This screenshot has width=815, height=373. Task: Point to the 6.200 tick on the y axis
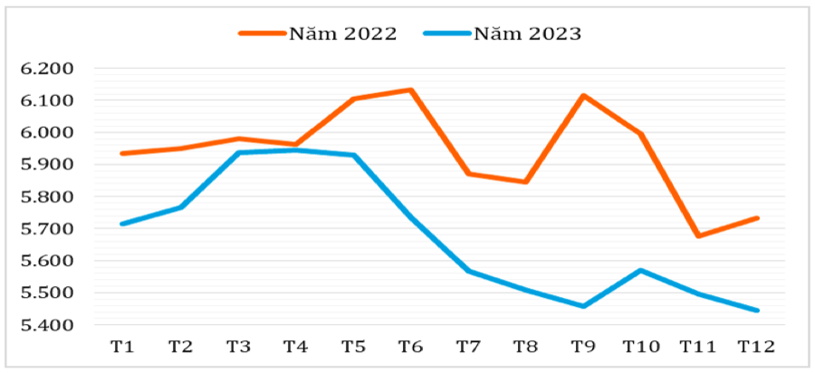click(45, 69)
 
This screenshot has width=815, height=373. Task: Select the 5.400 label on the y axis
click(45, 325)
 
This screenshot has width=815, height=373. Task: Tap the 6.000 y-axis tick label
click(45, 133)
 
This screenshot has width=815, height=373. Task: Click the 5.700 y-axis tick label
click(45, 229)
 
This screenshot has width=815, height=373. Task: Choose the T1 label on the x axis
click(122, 347)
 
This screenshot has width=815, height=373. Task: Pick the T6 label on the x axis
click(411, 347)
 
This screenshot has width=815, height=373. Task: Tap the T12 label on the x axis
click(755, 347)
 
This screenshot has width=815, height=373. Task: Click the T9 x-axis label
click(584, 347)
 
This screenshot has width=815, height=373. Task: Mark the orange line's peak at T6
click(411, 90)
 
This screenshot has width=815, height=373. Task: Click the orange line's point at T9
click(584, 95)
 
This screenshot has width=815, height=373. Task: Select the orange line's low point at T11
click(699, 236)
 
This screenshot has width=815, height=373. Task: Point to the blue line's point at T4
click(296, 150)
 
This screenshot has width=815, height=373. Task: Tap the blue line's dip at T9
click(584, 306)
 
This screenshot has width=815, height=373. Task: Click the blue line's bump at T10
click(641, 270)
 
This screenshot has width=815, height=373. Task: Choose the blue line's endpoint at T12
click(757, 311)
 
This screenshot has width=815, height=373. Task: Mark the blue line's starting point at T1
click(122, 224)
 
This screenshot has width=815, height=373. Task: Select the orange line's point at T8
click(526, 182)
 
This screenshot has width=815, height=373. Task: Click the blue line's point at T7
click(469, 271)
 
